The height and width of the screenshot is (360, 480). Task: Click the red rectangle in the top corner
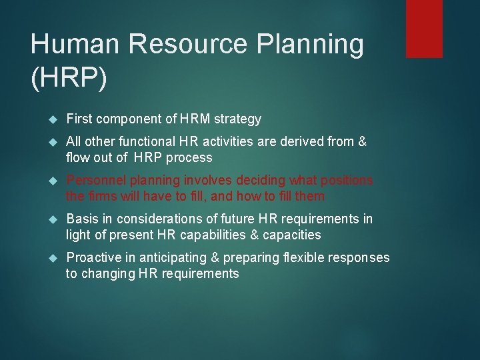[425, 28]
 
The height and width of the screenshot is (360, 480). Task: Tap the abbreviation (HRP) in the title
[69, 79]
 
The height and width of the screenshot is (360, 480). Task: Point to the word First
[80, 119]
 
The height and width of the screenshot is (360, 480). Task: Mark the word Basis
[82, 219]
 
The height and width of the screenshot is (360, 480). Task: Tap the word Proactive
[93, 257]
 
